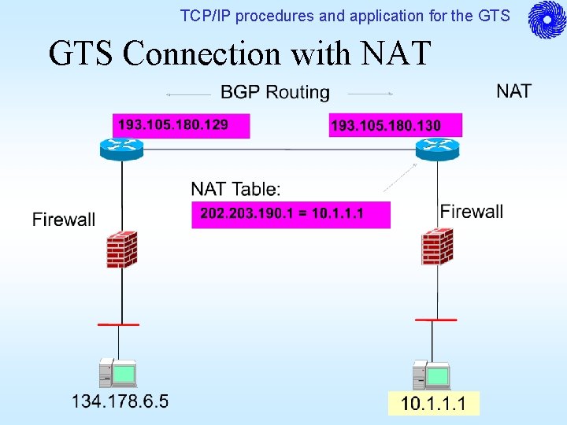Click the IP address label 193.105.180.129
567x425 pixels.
coord(173,125)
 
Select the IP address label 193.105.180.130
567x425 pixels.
coord(386,126)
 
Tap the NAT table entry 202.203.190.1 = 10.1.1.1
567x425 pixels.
coord(282,214)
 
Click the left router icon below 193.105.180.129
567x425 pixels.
coord(121,147)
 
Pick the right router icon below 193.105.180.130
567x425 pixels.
coord(437,148)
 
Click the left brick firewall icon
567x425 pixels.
coord(122,249)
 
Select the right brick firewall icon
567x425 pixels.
coord(435,247)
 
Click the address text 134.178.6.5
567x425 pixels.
coord(120,402)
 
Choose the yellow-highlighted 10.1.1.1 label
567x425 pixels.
coord(433,405)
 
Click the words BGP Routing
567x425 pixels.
coord(275,93)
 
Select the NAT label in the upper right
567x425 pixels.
coord(513,91)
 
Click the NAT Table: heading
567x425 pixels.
coord(235,190)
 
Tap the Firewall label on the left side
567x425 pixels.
coord(64,220)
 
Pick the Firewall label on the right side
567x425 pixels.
coord(471,212)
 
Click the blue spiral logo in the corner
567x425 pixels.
coord(547,20)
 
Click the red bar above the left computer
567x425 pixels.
coord(118,324)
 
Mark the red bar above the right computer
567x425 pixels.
coord(435,320)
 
